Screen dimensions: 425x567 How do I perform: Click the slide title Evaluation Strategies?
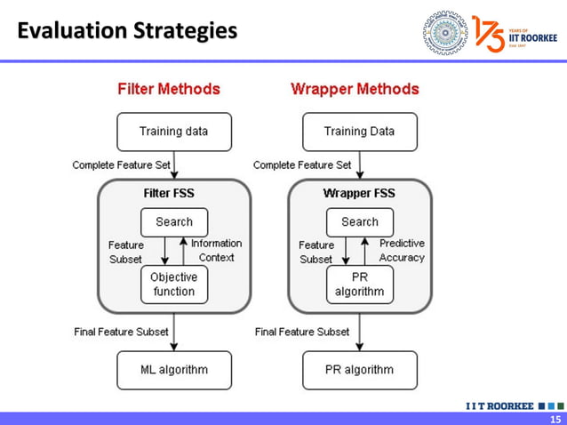pos(128,32)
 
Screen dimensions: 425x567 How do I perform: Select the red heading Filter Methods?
pos(169,90)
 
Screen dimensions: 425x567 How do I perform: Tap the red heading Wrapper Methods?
pos(355,90)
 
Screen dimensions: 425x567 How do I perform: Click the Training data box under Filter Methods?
pos(174,132)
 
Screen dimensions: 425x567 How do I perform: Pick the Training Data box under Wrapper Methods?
pos(359,132)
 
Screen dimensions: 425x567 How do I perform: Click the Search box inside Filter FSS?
pos(174,222)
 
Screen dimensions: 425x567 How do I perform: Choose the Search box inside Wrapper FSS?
pos(359,222)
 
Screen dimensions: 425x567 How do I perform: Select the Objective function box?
pos(174,285)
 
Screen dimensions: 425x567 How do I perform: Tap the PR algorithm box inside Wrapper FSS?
pos(359,285)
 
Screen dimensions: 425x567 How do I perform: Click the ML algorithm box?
pos(174,370)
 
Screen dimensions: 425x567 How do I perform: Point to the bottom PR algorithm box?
pos(359,370)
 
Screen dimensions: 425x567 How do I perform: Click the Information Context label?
pos(216,250)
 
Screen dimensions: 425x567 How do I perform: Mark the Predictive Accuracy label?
pos(402,250)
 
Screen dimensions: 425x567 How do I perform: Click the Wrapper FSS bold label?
pos(359,193)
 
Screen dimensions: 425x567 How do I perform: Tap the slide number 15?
pos(555,419)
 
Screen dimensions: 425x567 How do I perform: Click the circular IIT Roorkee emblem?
pos(444,33)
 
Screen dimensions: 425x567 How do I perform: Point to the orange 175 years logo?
pos(489,33)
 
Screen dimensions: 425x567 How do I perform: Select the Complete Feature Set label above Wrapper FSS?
pos(302,165)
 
